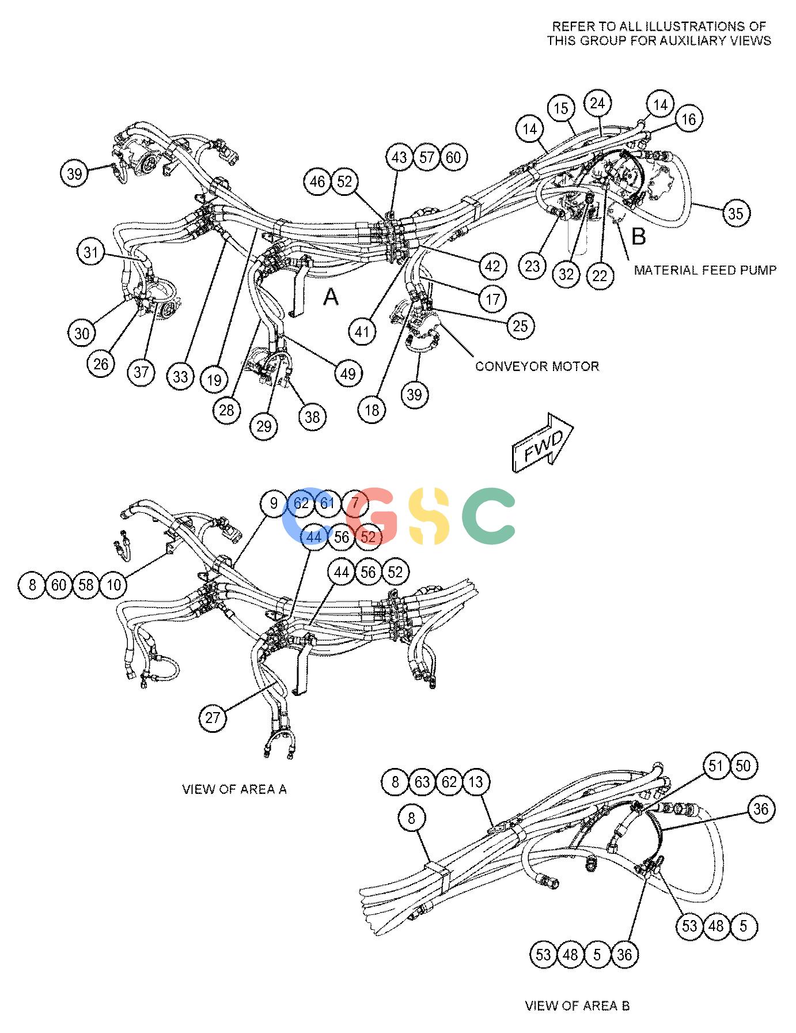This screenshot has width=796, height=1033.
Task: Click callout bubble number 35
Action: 736,213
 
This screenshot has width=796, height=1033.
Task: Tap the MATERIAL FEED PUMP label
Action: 705,270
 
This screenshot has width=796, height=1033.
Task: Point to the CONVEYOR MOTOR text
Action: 537,366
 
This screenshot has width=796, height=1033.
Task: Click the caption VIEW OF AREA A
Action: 234,789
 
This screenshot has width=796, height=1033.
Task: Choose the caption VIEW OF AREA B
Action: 577,1005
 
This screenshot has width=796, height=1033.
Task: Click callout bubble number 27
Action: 213,717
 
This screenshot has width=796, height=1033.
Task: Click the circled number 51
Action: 716,766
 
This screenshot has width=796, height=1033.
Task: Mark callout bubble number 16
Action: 688,119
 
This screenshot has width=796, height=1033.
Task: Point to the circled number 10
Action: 113,585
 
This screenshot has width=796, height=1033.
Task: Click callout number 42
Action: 492,266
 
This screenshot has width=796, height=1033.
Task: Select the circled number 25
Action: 520,326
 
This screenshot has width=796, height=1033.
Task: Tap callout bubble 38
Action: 312,417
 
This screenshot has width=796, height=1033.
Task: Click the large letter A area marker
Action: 331,297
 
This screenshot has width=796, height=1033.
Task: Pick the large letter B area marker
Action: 639,236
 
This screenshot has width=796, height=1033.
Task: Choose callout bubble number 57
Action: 427,157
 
